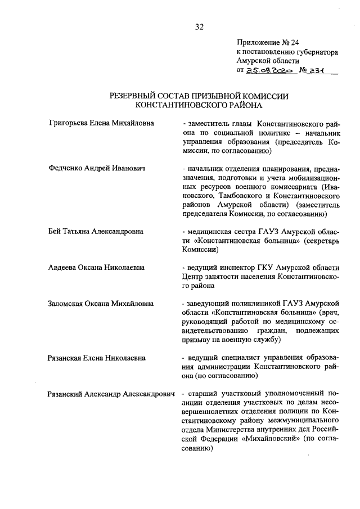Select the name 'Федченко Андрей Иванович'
97,168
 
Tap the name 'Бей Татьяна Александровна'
96,231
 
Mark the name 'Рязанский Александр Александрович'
111,394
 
